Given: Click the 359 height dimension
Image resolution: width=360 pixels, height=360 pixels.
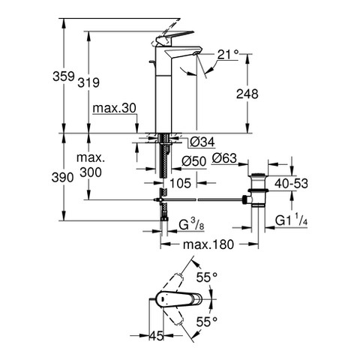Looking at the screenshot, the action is (64, 76).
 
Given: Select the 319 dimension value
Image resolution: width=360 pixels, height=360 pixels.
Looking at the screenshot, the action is (88, 82).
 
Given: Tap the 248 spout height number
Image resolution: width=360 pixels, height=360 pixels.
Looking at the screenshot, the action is (247, 94).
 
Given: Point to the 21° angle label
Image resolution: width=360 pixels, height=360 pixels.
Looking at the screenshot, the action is (228, 54).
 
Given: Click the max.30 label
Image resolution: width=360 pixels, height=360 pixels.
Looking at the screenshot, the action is (114, 108).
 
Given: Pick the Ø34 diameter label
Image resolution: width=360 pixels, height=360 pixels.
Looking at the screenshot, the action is (202, 142).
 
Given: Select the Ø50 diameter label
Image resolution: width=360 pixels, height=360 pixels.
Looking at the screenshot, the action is (193, 161).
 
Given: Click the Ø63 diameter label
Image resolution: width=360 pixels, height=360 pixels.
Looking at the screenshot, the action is (224, 158).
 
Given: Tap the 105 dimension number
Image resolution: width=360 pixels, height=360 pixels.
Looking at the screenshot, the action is (180, 183).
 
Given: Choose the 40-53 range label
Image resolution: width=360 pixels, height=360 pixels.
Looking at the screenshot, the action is (291, 184).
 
